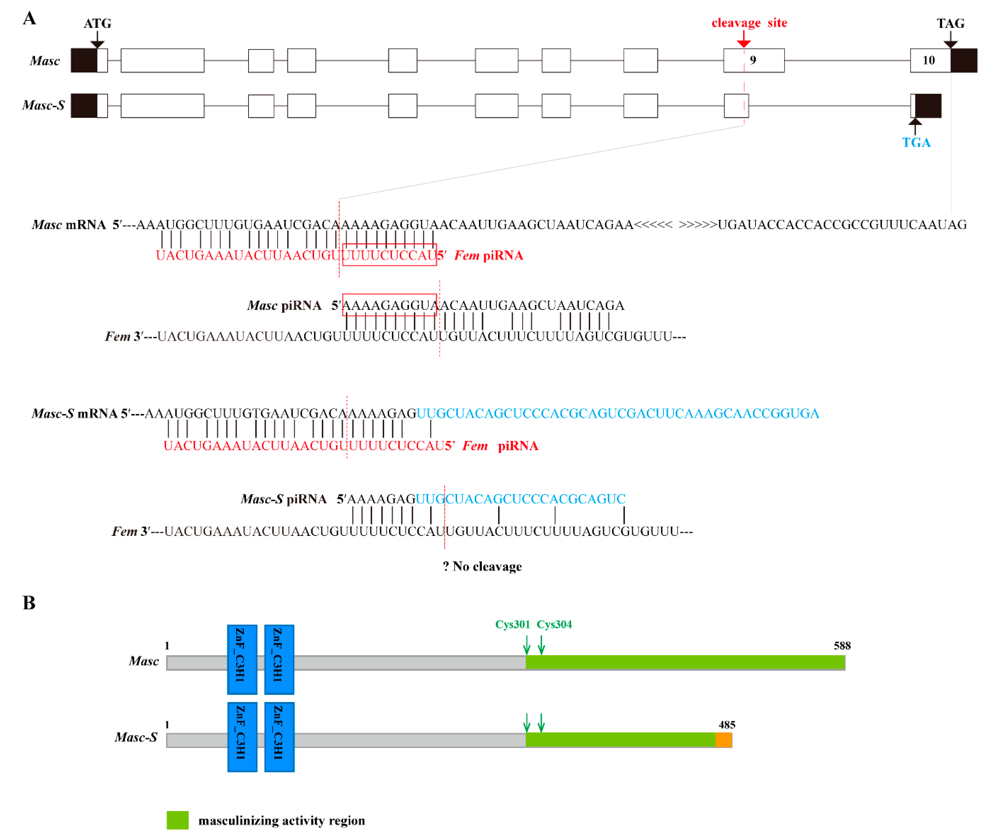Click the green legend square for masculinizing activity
click(x=177, y=820)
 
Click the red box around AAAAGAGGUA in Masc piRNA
click(x=389, y=305)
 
